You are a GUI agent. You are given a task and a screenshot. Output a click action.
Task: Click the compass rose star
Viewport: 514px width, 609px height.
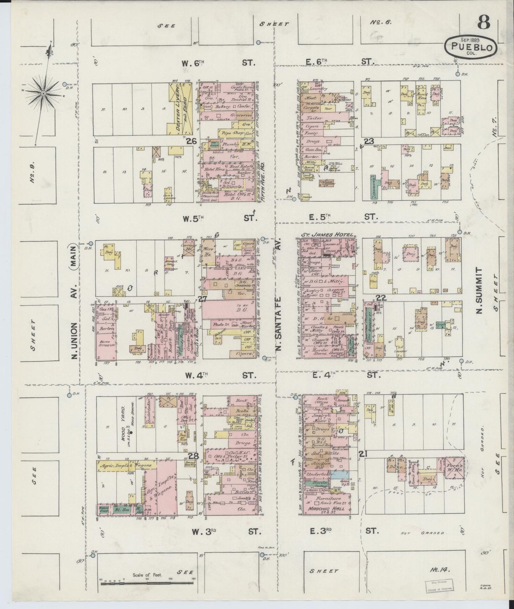(x=43, y=93)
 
